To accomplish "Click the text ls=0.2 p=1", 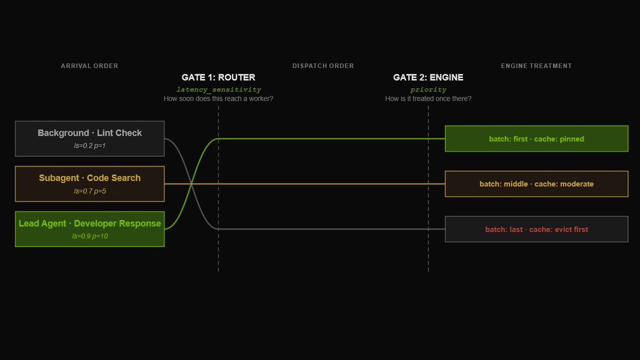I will [x=90, y=146].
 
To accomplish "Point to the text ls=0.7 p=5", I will [x=90, y=191].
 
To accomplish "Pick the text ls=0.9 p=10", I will [x=90, y=236].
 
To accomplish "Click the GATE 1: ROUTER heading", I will [x=218, y=77].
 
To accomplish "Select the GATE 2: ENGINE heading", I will [x=428, y=77].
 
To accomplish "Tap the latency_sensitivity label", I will [x=219, y=90].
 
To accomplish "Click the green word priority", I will [x=428, y=90].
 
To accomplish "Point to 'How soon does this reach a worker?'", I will [x=218, y=99].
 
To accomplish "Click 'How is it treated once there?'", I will [x=428, y=99].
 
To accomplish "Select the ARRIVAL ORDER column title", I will [x=90, y=66].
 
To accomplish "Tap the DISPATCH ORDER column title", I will [x=323, y=66].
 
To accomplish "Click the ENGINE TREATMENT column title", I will [x=536, y=66].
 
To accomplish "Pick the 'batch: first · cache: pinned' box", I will [x=537, y=139].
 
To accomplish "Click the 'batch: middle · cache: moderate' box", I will [x=537, y=184].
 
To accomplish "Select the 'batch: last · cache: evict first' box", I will [x=537, y=229].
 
